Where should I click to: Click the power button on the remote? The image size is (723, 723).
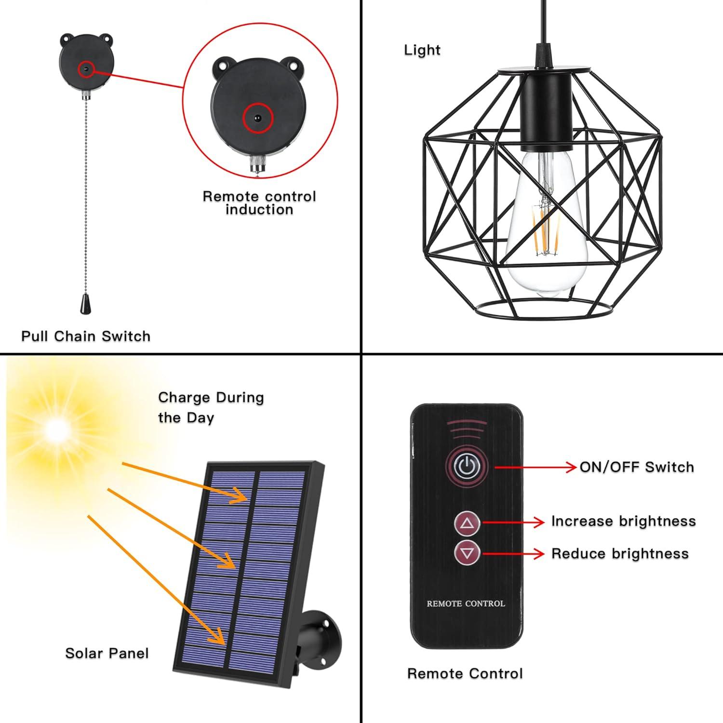(x=466, y=466)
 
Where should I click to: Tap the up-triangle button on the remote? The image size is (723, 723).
(x=467, y=523)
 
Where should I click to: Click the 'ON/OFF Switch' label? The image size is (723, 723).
(x=636, y=467)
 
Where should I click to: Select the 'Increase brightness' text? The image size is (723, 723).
(x=623, y=521)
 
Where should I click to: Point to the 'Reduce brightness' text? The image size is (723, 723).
(x=620, y=553)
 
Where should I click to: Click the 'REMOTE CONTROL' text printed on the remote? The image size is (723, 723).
(x=466, y=603)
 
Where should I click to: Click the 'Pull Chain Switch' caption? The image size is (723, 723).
(x=86, y=336)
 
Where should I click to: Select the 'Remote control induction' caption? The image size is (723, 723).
(x=259, y=203)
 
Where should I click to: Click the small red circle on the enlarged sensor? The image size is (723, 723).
(x=258, y=118)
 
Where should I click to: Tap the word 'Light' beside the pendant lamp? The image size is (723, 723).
(x=422, y=50)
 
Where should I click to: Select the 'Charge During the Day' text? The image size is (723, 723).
(x=211, y=407)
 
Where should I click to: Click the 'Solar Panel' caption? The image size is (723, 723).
(x=107, y=653)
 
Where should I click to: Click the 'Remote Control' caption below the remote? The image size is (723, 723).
(x=465, y=673)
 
